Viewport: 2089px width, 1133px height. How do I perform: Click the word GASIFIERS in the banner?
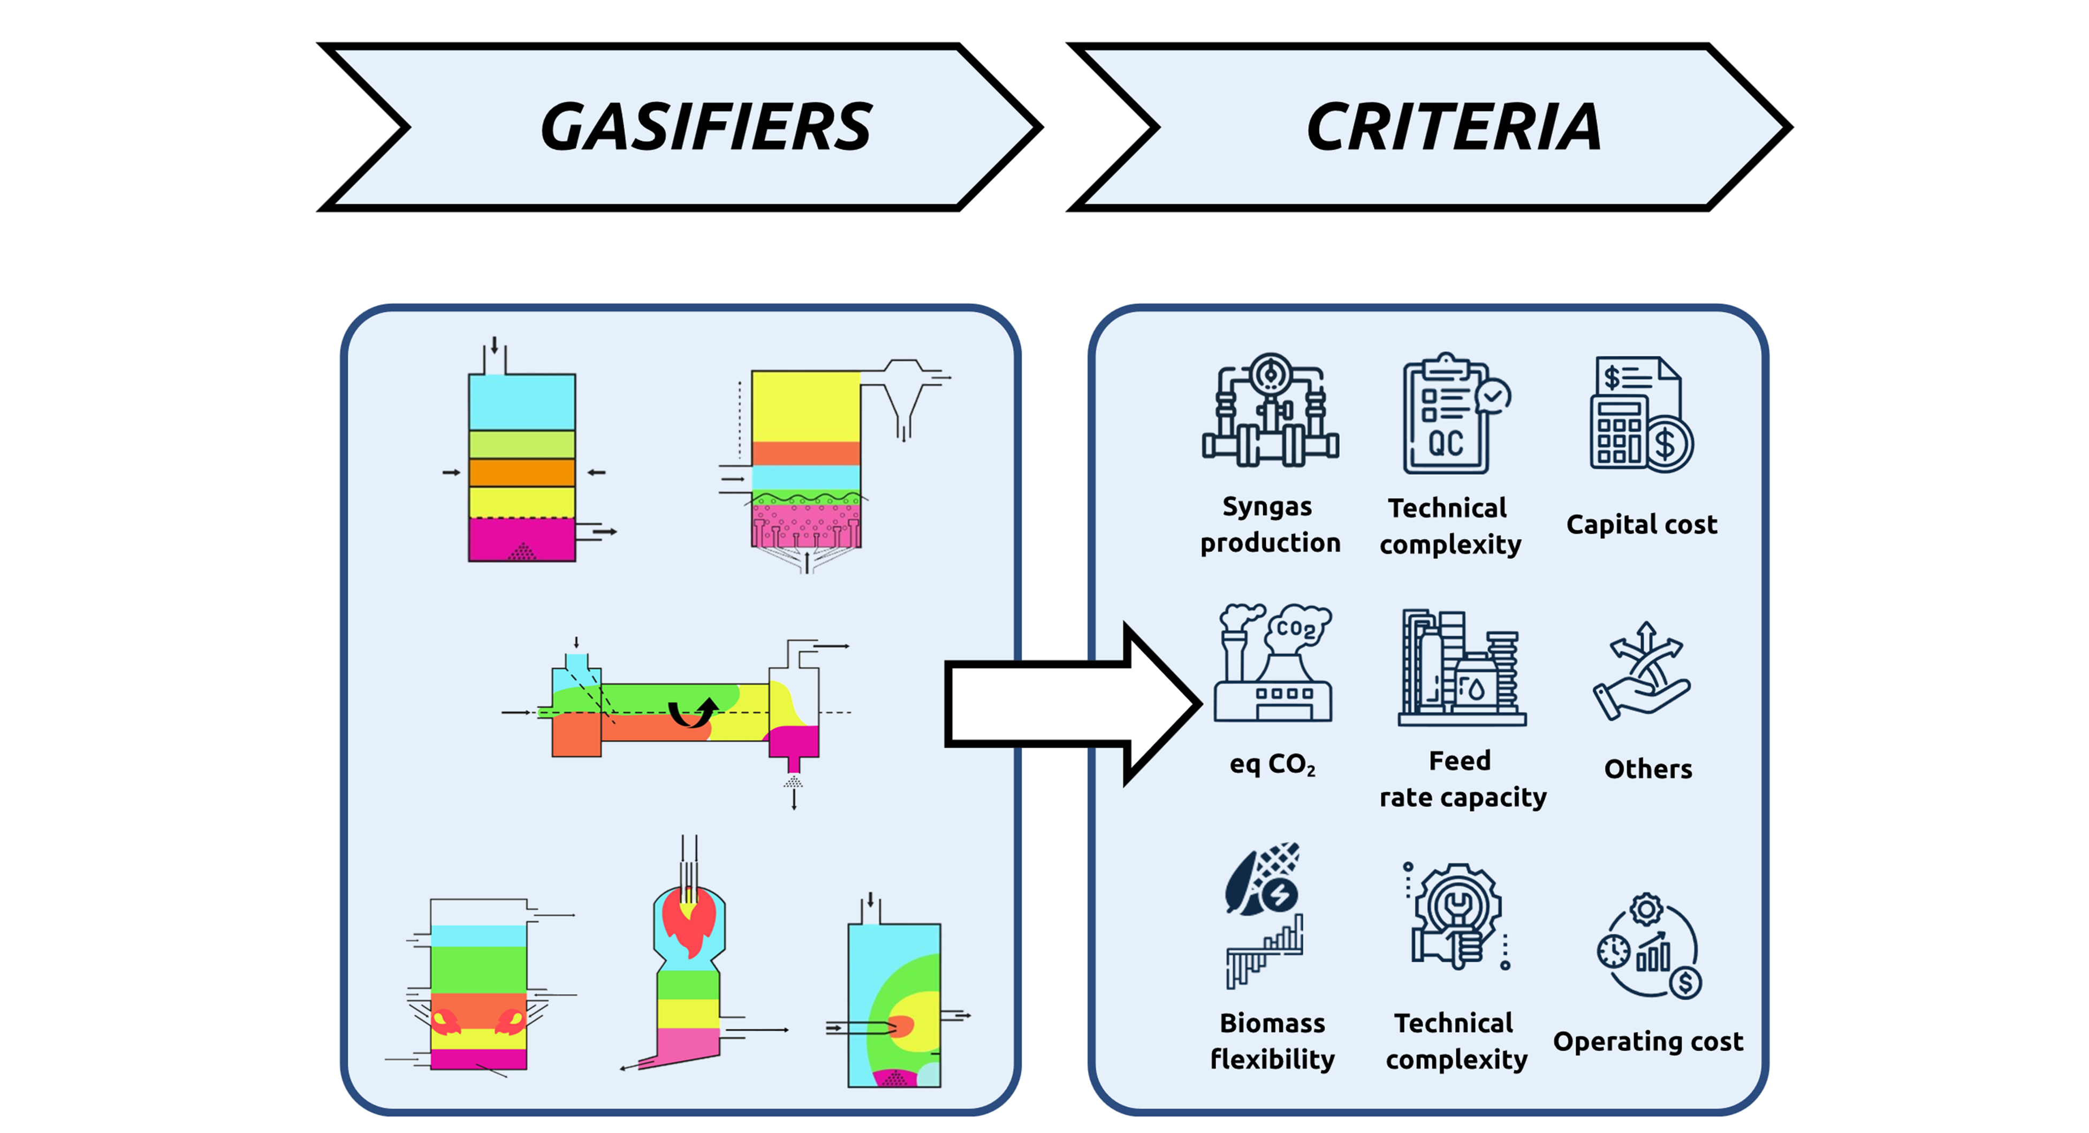point(705,127)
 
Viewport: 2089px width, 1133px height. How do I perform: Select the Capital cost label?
point(1642,524)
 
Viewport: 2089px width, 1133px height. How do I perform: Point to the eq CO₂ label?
point(1272,764)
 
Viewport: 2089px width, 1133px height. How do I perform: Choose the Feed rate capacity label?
point(1462,779)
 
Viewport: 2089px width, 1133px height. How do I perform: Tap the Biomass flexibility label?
point(1272,1040)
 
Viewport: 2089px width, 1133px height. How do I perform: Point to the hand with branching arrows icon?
point(1642,672)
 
